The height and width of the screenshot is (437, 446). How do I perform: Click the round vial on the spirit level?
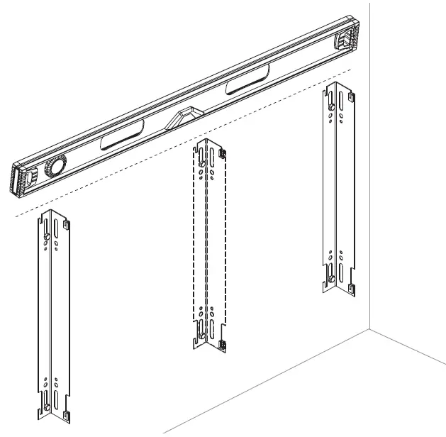click(x=53, y=167)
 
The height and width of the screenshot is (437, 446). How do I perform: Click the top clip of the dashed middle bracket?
click(x=222, y=153)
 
